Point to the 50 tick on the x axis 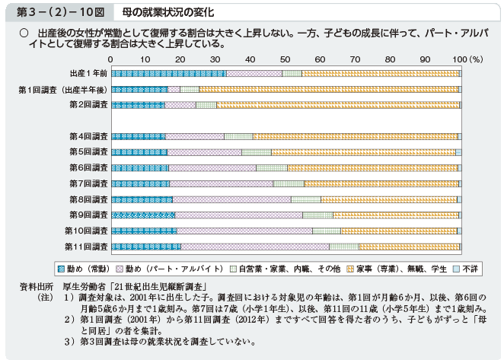(x=285, y=59)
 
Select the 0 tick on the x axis (x=111, y=59)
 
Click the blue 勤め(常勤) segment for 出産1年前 (x=168, y=73)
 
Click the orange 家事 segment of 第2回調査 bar (x=338, y=105)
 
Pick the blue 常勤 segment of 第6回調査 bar (x=140, y=167)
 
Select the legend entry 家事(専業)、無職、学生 (x=386, y=269)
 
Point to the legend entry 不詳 (x=467, y=269)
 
